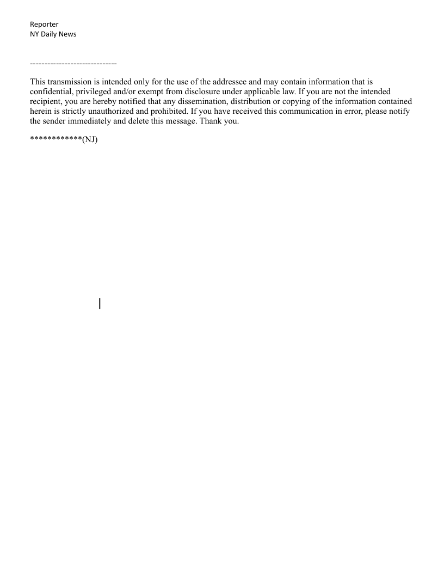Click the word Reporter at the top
[x=44, y=25]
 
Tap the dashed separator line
[x=73, y=64]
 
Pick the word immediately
[x=87, y=121]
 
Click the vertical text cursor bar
[x=100, y=303]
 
